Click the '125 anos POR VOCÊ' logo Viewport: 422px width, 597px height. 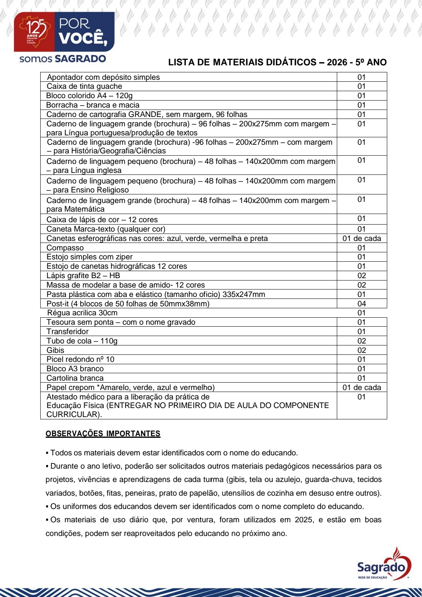[64, 32]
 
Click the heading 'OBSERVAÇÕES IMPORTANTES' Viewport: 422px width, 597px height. [103, 433]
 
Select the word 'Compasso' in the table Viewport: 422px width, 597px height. [65, 248]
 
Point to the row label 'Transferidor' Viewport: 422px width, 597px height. [68, 331]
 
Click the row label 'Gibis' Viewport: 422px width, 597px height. [55, 350]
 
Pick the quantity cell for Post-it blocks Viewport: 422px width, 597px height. [361, 304]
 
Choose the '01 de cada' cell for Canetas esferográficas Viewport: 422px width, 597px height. [361, 238]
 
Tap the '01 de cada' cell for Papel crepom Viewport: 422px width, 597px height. [361, 387]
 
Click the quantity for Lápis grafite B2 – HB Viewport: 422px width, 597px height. [361, 275]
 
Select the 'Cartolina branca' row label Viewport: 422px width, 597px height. [75, 378]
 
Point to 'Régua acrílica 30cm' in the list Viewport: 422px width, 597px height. [82, 313]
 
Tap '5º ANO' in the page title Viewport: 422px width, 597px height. [371, 62]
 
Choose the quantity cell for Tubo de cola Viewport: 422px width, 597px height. [361, 341]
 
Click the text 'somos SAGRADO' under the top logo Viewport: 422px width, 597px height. [63, 59]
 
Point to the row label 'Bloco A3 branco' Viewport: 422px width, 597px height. [75, 369]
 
